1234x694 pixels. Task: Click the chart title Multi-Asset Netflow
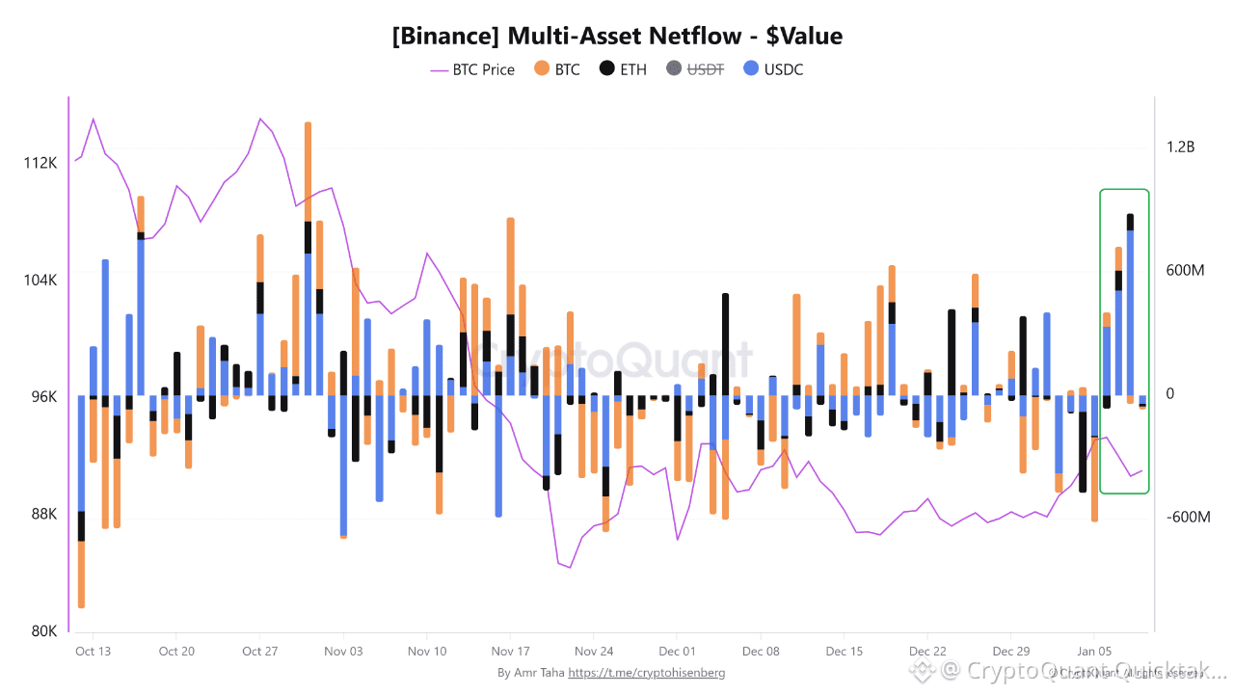[x=617, y=37]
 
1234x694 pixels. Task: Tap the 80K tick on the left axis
[x=44, y=631]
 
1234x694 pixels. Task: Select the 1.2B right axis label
[x=1181, y=147]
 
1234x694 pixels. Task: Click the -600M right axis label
[x=1187, y=518]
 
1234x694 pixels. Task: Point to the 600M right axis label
[x=1185, y=271]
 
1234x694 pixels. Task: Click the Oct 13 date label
[x=93, y=652]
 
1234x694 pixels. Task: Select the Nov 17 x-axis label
[x=511, y=652]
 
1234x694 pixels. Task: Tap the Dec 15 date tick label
[x=844, y=652]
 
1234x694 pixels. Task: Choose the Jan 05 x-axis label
[x=1094, y=652]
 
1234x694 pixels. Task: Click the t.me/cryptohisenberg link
[x=647, y=673]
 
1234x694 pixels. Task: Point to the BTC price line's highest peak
[x=93, y=119]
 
